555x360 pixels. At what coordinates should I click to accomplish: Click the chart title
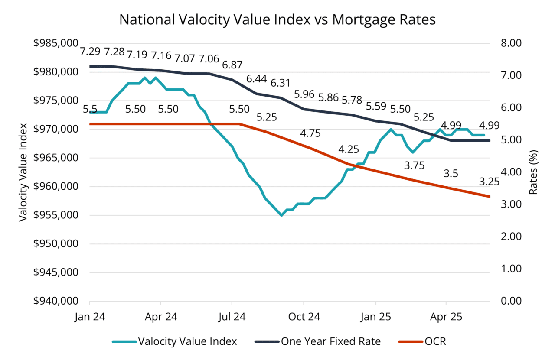277,20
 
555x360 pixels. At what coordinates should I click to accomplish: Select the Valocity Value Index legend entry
187,341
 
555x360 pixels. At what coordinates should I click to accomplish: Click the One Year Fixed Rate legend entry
331,341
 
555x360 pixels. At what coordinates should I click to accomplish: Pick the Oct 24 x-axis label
304,317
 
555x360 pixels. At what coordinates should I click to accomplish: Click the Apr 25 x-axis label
446,317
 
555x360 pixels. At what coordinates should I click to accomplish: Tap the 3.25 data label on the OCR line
489,182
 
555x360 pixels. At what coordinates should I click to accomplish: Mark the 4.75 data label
310,133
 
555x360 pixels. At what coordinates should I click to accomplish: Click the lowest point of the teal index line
282,215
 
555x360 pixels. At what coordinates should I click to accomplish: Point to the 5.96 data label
304,94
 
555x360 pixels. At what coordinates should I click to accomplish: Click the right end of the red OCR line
489,196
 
